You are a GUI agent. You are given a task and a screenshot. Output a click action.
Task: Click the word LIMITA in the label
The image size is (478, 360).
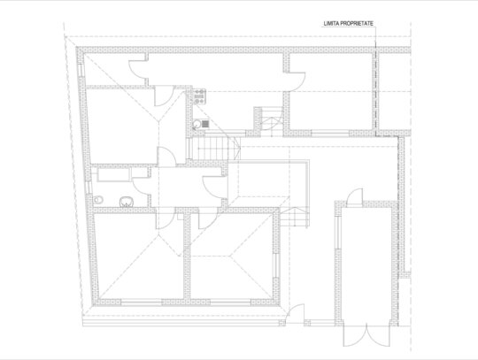[331, 24]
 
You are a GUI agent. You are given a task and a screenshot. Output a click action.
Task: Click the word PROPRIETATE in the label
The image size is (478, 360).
[357, 24]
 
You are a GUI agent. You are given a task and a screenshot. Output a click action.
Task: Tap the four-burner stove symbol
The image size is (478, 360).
[200, 96]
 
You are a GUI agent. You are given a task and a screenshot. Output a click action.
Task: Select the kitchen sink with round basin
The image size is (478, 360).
[201, 124]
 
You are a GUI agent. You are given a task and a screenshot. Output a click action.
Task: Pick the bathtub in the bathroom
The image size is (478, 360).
[113, 174]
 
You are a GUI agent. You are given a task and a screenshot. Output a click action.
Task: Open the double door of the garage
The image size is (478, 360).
[366, 334]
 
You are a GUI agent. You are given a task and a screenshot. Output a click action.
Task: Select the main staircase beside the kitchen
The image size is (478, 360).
[213, 149]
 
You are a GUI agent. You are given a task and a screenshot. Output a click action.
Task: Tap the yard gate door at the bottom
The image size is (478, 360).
[295, 314]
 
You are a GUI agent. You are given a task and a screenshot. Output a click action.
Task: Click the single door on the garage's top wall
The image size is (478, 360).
[355, 197]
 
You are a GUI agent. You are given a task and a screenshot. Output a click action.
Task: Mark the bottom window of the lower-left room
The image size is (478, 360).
[141, 303]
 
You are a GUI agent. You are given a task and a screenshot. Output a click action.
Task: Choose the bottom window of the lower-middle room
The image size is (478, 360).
[230, 303]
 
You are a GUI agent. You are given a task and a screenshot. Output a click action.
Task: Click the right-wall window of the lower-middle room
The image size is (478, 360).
[276, 265]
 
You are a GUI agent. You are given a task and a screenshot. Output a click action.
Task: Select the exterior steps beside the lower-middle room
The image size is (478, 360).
[295, 217]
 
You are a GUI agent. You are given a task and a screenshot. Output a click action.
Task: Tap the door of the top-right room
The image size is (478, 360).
[296, 81]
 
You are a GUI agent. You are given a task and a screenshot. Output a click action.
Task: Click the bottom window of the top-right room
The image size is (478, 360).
[330, 133]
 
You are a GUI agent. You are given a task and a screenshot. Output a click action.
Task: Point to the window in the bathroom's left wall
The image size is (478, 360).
[89, 188]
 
